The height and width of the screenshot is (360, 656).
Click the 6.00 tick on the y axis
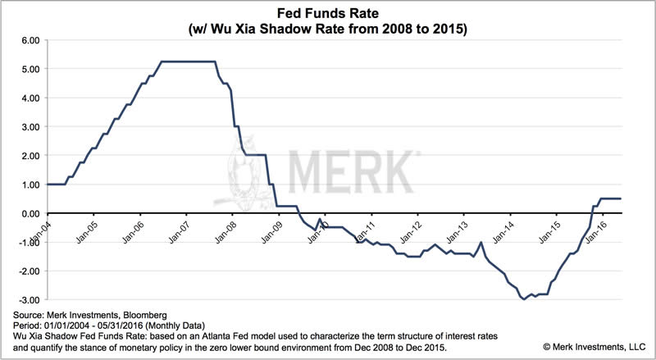pyautogui.click(x=30, y=39)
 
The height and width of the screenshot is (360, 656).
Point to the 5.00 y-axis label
pyautogui.click(x=30, y=68)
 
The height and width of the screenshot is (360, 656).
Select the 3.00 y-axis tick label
pyautogui.click(x=30, y=126)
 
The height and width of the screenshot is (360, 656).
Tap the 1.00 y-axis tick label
pyautogui.click(x=30, y=185)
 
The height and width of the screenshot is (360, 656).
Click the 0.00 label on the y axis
pyautogui.click(x=30, y=213)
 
